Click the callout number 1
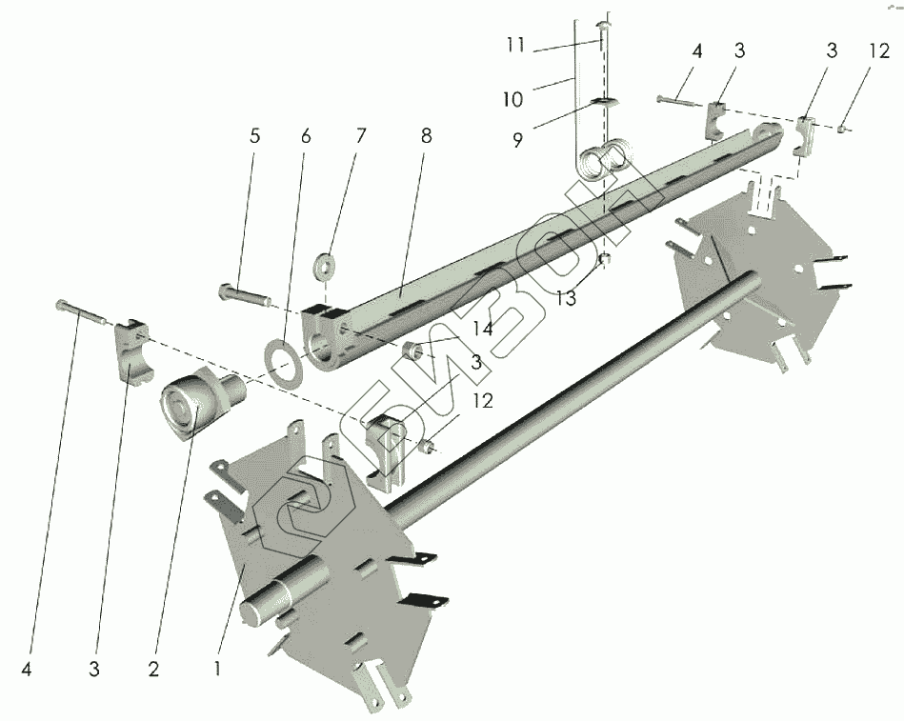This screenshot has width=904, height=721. pyautogui.click(x=218, y=669)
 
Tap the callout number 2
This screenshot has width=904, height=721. pyautogui.click(x=153, y=669)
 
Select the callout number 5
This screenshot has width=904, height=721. pyautogui.click(x=254, y=136)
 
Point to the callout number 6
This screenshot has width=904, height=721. pyautogui.click(x=305, y=136)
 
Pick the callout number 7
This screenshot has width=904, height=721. pyautogui.click(x=360, y=136)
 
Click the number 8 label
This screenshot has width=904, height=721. pyautogui.click(x=424, y=136)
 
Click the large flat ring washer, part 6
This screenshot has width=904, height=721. pyautogui.click(x=282, y=363)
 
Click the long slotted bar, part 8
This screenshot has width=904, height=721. pyautogui.click(x=533, y=229)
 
